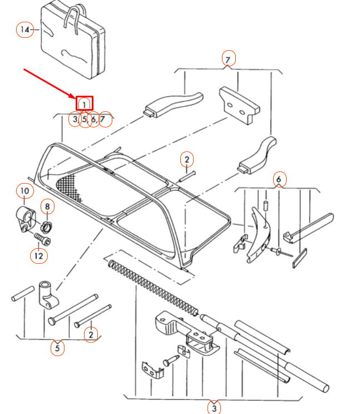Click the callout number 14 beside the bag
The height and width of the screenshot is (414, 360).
coord(24,29)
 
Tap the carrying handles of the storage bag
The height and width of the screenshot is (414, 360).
coord(75,17)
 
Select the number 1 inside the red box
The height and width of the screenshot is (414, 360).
coord(85,103)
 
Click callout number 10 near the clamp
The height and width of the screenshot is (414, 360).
coord(24,191)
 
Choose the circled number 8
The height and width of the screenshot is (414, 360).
coord(47,207)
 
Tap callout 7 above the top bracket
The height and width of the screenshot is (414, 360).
coord(228,58)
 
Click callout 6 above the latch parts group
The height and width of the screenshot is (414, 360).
coord(279,179)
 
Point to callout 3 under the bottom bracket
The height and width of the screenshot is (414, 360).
coord(214,406)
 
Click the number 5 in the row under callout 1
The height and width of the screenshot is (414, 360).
coord(84,119)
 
